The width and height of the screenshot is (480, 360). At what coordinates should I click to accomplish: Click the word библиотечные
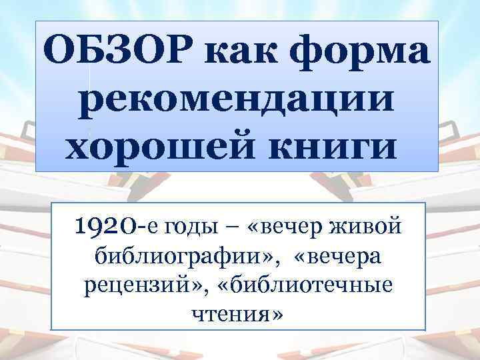[x=317, y=284]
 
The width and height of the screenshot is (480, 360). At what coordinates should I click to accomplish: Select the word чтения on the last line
[x=231, y=312]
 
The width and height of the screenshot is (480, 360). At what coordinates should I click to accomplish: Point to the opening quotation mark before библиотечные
[x=233, y=284]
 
